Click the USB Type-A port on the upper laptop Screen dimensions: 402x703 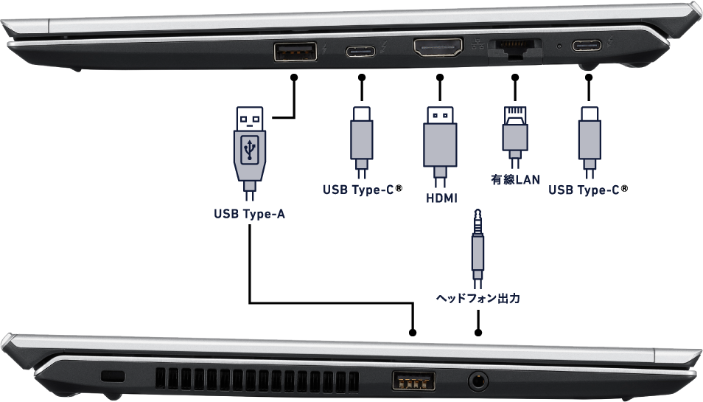[295, 52]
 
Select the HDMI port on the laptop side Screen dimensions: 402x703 [438, 50]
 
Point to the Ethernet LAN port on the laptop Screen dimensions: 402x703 [514, 49]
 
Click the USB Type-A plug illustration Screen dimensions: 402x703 [250, 151]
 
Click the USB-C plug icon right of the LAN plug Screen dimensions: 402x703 [590, 139]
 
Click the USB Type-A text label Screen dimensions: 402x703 [249, 215]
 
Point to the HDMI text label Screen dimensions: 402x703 [441, 198]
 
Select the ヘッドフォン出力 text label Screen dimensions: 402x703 [478, 299]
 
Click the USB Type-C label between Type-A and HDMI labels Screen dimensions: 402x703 [358, 190]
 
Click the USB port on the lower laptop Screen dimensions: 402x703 [413, 381]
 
